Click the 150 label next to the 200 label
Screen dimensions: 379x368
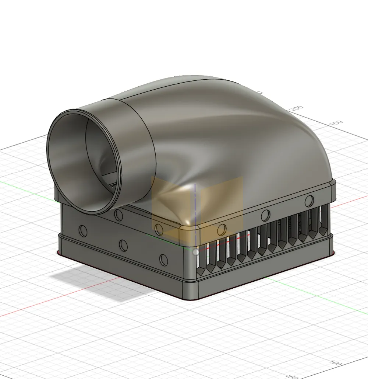[337, 124]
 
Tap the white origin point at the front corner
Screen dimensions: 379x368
[196, 252]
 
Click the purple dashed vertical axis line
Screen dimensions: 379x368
[194, 206]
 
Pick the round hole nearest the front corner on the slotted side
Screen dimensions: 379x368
[221, 230]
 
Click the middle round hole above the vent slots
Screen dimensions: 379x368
[265, 215]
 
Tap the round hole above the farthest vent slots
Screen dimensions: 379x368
[309, 201]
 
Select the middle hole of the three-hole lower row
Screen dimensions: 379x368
[123, 245]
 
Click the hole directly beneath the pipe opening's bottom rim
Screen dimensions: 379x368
[118, 215]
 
